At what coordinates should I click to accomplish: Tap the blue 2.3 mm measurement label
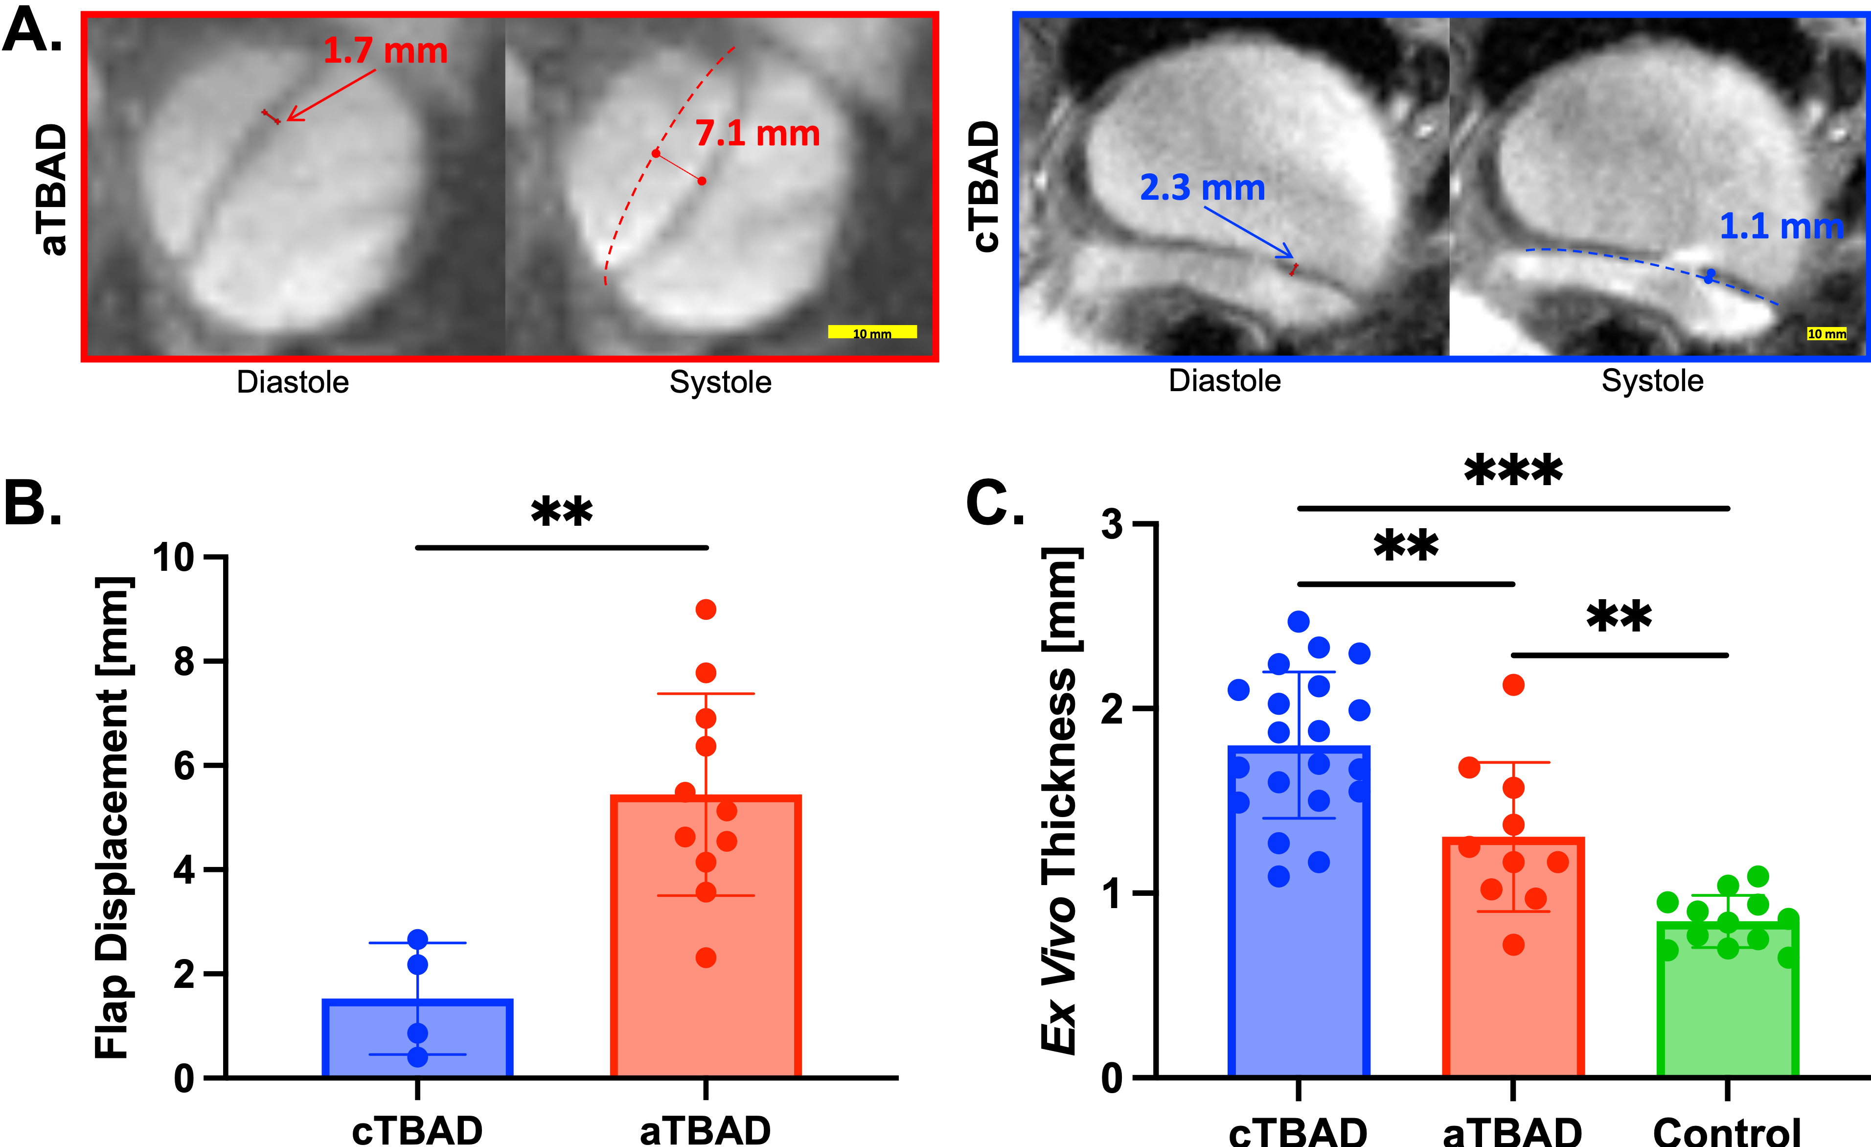click(x=1202, y=188)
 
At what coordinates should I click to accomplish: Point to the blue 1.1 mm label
click(x=1780, y=226)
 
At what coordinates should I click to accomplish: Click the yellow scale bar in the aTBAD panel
click(x=872, y=332)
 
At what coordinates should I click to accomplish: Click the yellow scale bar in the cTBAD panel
click(x=1826, y=333)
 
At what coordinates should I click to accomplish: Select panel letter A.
click(x=32, y=32)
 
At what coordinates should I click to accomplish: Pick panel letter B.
click(x=32, y=503)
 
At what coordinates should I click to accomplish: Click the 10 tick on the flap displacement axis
click(x=175, y=558)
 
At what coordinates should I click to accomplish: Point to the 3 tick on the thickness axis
click(x=1113, y=524)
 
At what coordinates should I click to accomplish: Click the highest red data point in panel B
click(x=706, y=609)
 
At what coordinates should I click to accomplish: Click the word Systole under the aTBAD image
click(x=720, y=382)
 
